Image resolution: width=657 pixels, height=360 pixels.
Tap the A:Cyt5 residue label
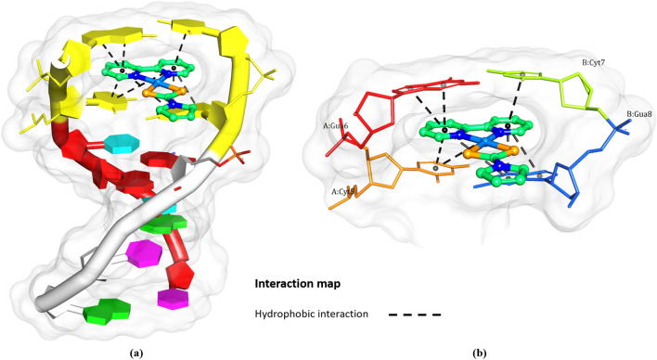point(346,191)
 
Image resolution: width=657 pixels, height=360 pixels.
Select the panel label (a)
point(136,352)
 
